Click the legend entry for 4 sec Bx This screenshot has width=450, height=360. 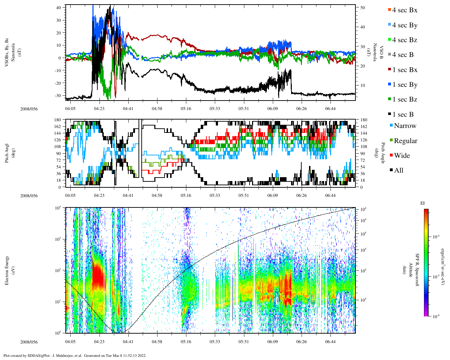point(404,10)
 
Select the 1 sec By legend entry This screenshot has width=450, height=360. point(404,85)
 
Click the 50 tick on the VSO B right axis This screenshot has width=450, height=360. point(362,8)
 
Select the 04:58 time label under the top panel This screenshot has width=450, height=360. point(157,109)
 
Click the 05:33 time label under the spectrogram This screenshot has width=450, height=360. point(215,342)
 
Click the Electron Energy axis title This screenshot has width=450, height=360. point(7,270)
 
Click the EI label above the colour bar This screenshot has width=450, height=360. point(422,203)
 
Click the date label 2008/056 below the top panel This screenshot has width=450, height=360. point(29,109)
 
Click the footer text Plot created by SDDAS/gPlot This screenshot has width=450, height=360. point(42,355)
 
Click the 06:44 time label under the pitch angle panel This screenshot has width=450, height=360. point(330,195)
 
